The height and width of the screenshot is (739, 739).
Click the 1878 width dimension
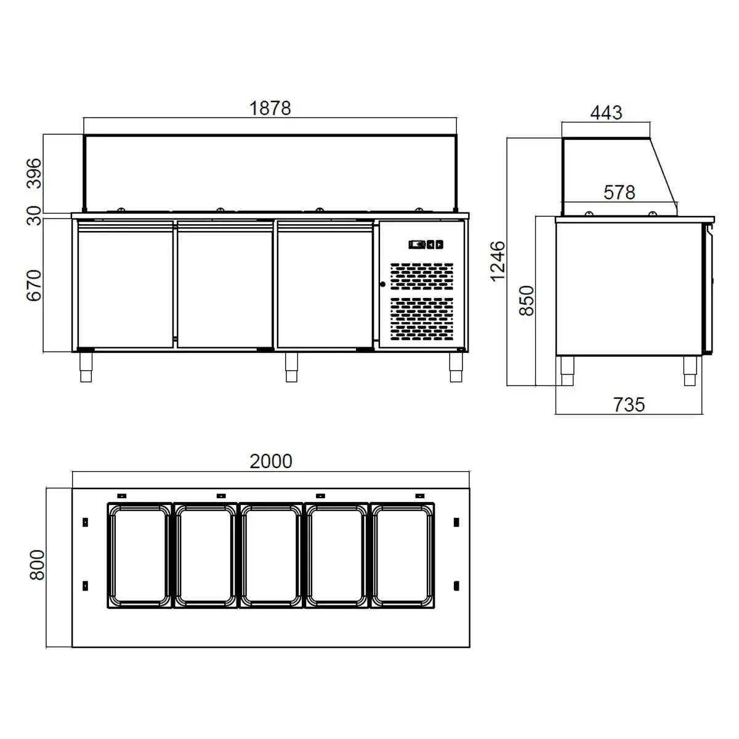tap(270, 108)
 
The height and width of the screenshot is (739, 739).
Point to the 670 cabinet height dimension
tap(34, 285)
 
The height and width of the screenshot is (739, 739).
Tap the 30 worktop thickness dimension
tap(34, 216)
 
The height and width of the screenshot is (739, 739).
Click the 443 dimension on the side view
tap(606, 113)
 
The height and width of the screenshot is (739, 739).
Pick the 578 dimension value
tap(619, 193)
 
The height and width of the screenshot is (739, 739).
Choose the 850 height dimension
tap(527, 301)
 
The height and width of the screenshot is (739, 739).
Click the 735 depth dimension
tap(629, 405)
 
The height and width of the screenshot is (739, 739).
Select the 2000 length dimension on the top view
tap(270, 461)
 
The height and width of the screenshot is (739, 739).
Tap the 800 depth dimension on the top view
tap(38, 564)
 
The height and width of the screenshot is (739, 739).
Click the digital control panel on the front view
tap(426, 244)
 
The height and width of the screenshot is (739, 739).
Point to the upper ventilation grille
tap(422, 277)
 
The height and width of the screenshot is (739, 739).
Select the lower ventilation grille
tap(422, 319)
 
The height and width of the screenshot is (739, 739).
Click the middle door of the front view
tap(225, 285)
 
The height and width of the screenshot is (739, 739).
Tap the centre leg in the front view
tap(291, 367)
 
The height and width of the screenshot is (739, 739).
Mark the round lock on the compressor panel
tap(382, 284)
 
